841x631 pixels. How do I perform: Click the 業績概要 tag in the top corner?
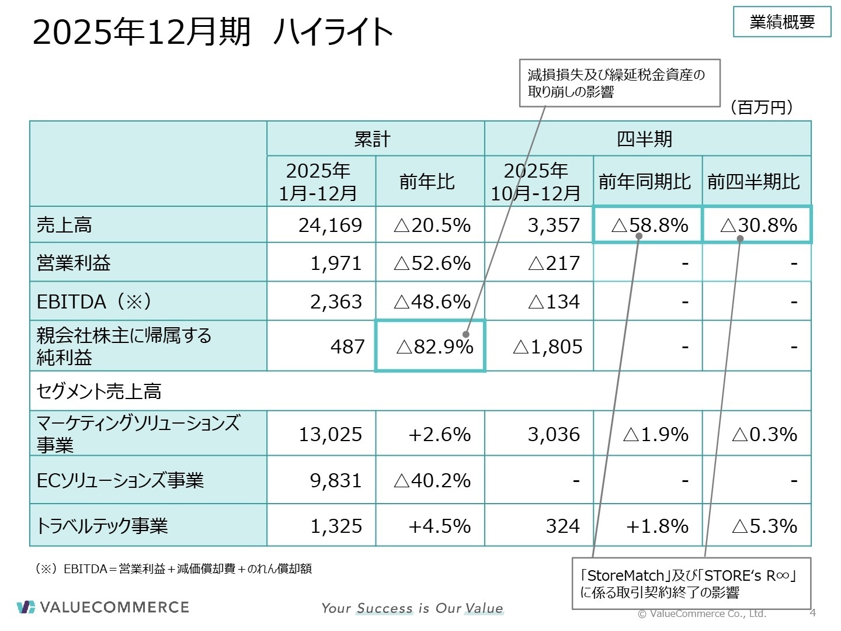[781, 22]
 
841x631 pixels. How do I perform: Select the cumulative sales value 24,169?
[330, 225]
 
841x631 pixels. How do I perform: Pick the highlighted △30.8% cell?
[758, 225]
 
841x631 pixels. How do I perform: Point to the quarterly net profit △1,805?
[547, 346]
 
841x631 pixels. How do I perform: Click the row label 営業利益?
[74, 263]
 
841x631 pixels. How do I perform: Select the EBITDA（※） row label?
[94, 301]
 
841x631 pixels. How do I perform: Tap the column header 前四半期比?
[753, 182]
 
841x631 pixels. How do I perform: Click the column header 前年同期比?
[645, 182]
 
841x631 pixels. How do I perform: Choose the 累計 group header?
[372, 139]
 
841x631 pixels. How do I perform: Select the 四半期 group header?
[645, 139]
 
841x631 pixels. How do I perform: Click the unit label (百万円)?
[762, 108]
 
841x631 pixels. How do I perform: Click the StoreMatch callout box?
[691, 584]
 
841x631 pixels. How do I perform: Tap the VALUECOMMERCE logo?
[103, 607]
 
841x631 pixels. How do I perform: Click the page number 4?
[812, 613]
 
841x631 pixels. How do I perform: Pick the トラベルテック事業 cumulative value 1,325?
[336, 526]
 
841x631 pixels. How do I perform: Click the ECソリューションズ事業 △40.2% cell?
[432, 480]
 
